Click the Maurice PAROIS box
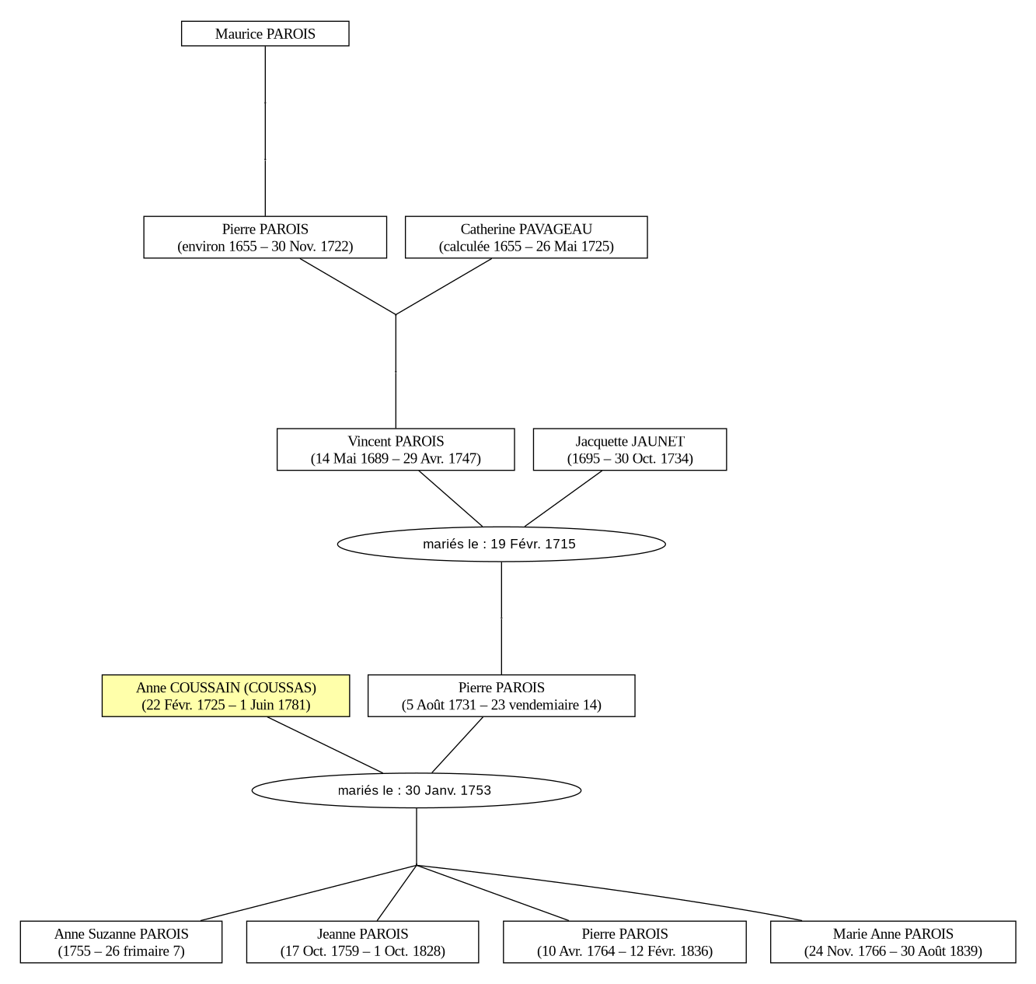tap(265, 33)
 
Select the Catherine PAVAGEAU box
tap(526, 237)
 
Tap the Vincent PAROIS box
tap(396, 450)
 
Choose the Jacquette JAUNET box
tap(630, 450)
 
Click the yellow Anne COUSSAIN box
tap(225, 696)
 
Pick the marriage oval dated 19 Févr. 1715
tap(501, 544)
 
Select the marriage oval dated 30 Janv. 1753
tap(417, 790)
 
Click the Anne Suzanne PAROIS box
tap(121, 942)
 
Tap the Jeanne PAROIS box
tap(362, 942)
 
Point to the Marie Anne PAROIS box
tap(893, 942)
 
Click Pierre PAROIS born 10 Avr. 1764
tap(624, 942)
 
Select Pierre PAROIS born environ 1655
tap(265, 237)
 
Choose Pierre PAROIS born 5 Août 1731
tap(501, 696)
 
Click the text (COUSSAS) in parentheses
tap(280, 688)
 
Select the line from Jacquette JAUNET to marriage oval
tap(563, 499)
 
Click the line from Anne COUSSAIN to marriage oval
tap(325, 745)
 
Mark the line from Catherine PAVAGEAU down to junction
tap(444, 286)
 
